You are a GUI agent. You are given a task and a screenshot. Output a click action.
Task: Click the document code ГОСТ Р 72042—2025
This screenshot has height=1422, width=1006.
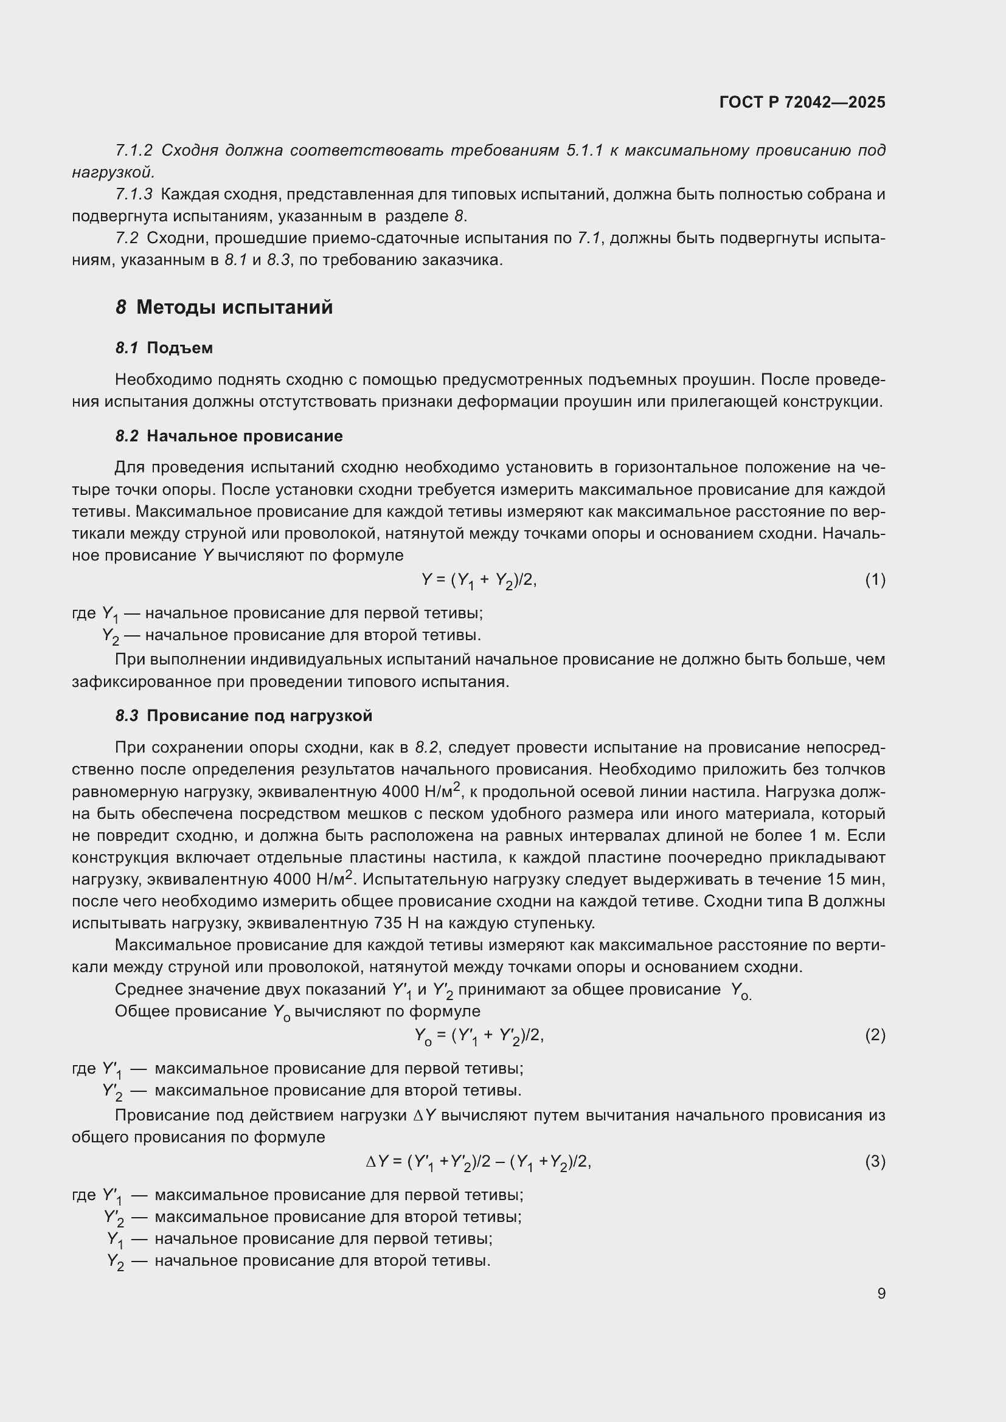802,102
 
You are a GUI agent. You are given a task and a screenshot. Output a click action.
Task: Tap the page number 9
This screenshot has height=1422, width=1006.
881,1294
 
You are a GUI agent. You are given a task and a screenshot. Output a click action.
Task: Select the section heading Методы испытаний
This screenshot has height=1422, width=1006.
234,307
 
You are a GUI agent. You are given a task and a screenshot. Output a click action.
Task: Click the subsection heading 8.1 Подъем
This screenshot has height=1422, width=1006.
164,348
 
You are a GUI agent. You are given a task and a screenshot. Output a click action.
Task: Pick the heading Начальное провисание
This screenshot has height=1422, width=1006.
244,436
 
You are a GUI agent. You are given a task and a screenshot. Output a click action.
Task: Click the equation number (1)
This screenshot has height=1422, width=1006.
875,580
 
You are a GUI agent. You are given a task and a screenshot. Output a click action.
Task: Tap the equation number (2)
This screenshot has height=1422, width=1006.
875,1035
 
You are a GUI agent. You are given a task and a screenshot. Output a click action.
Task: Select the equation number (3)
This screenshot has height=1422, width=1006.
875,1161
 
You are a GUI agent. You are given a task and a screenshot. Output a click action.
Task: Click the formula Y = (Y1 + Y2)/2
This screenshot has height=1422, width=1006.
479,581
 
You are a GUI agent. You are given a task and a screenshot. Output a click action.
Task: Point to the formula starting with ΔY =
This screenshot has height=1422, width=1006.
479,1162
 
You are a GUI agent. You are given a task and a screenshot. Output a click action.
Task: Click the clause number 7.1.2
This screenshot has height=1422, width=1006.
134,151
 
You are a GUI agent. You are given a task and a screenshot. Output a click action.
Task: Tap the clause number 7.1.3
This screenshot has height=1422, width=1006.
134,195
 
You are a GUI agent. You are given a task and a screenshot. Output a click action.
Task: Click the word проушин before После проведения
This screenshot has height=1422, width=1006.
718,379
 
